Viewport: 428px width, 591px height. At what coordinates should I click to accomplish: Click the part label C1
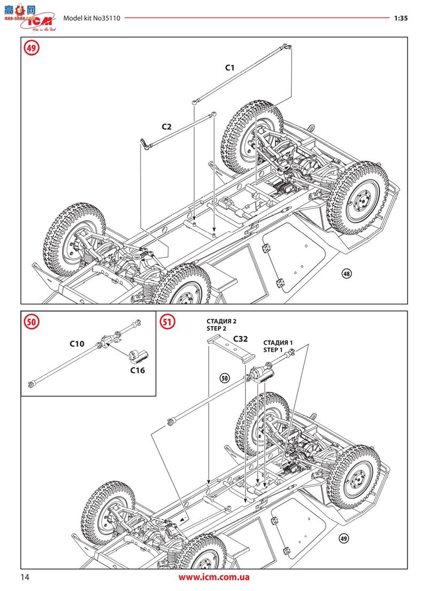click(230, 68)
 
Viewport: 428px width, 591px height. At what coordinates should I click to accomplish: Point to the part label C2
click(167, 127)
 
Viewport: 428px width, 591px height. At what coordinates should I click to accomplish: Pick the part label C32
click(240, 339)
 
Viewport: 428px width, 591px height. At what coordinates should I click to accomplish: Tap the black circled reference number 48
click(346, 274)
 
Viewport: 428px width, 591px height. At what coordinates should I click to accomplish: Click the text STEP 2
click(218, 329)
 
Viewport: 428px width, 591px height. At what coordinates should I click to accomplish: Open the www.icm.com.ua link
click(214, 577)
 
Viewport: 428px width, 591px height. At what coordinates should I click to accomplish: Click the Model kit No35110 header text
click(92, 18)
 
